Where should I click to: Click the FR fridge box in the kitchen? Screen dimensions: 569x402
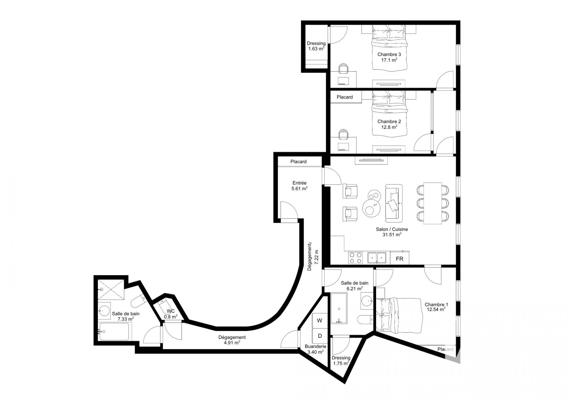pyautogui.click(x=399, y=258)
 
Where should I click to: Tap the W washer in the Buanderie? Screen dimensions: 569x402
pyautogui.click(x=320, y=320)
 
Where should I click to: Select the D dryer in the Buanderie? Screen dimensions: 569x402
pyautogui.click(x=320, y=336)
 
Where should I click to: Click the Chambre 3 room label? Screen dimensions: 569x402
pyautogui.click(x=389, y=55)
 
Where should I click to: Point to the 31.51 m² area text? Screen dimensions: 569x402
pyautogui.click(x=392, y=235)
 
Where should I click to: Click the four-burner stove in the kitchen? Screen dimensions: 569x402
pyautogui.click(x=355, y=258)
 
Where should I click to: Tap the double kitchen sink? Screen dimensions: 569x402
pyautogui.click(x=377, y=258)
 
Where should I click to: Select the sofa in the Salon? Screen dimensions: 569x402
pyautogui.click(x=394, y=203)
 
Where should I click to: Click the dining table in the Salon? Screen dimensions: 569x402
pyautogui.click(x=433, y=203)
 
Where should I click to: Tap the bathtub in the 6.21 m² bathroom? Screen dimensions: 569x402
pyautogui.click(x=339, y=308)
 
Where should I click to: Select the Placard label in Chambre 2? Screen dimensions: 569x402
pyautogui.click(x=345, y=97)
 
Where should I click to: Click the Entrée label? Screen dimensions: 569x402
pyautogui.click(x=300, y=183)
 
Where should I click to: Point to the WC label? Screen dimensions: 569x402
pyautogui.click(x=170, y=311)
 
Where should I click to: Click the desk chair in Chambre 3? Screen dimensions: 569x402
pyautogui.click(x=343, y=68)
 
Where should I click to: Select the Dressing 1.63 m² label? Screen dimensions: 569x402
pyautogui.click(x=316, y=46)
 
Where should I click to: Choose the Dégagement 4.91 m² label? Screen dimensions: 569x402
pyautogui.click(x=232, y=340)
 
